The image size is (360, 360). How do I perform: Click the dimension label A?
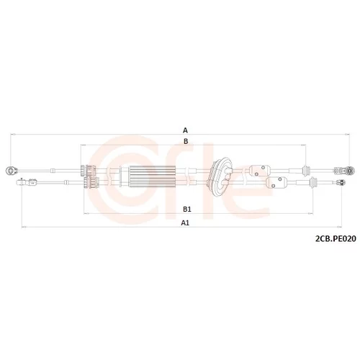185,130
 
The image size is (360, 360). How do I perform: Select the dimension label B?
186,142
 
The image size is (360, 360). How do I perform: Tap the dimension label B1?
187,210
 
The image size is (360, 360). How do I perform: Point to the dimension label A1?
185,223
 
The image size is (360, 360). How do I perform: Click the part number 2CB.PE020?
336,239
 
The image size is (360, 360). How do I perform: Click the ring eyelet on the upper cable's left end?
11,171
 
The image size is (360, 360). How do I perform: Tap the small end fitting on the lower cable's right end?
341,183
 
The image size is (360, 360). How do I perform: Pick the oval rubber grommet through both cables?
220,177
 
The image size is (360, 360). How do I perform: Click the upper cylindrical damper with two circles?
260,171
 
